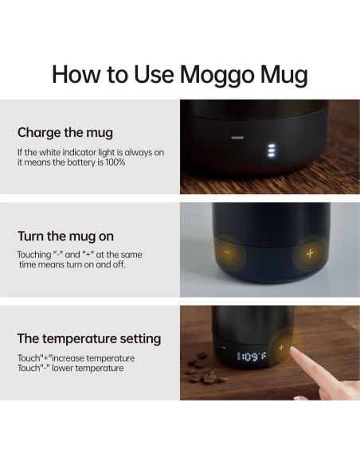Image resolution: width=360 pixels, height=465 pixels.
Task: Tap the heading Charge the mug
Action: (x=65, y=132)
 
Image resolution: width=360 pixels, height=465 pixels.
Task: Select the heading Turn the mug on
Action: (x=65, y=236)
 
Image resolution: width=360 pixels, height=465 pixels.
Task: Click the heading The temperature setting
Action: (x=89, y=339)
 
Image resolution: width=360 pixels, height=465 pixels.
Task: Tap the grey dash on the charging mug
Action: (x=237, y=138)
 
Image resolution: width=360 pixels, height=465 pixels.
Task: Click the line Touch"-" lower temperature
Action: (x=70, y=369)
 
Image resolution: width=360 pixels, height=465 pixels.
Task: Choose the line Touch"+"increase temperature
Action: (x=76, y=358)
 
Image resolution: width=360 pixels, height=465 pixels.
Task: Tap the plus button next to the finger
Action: (x=280, y=347)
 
